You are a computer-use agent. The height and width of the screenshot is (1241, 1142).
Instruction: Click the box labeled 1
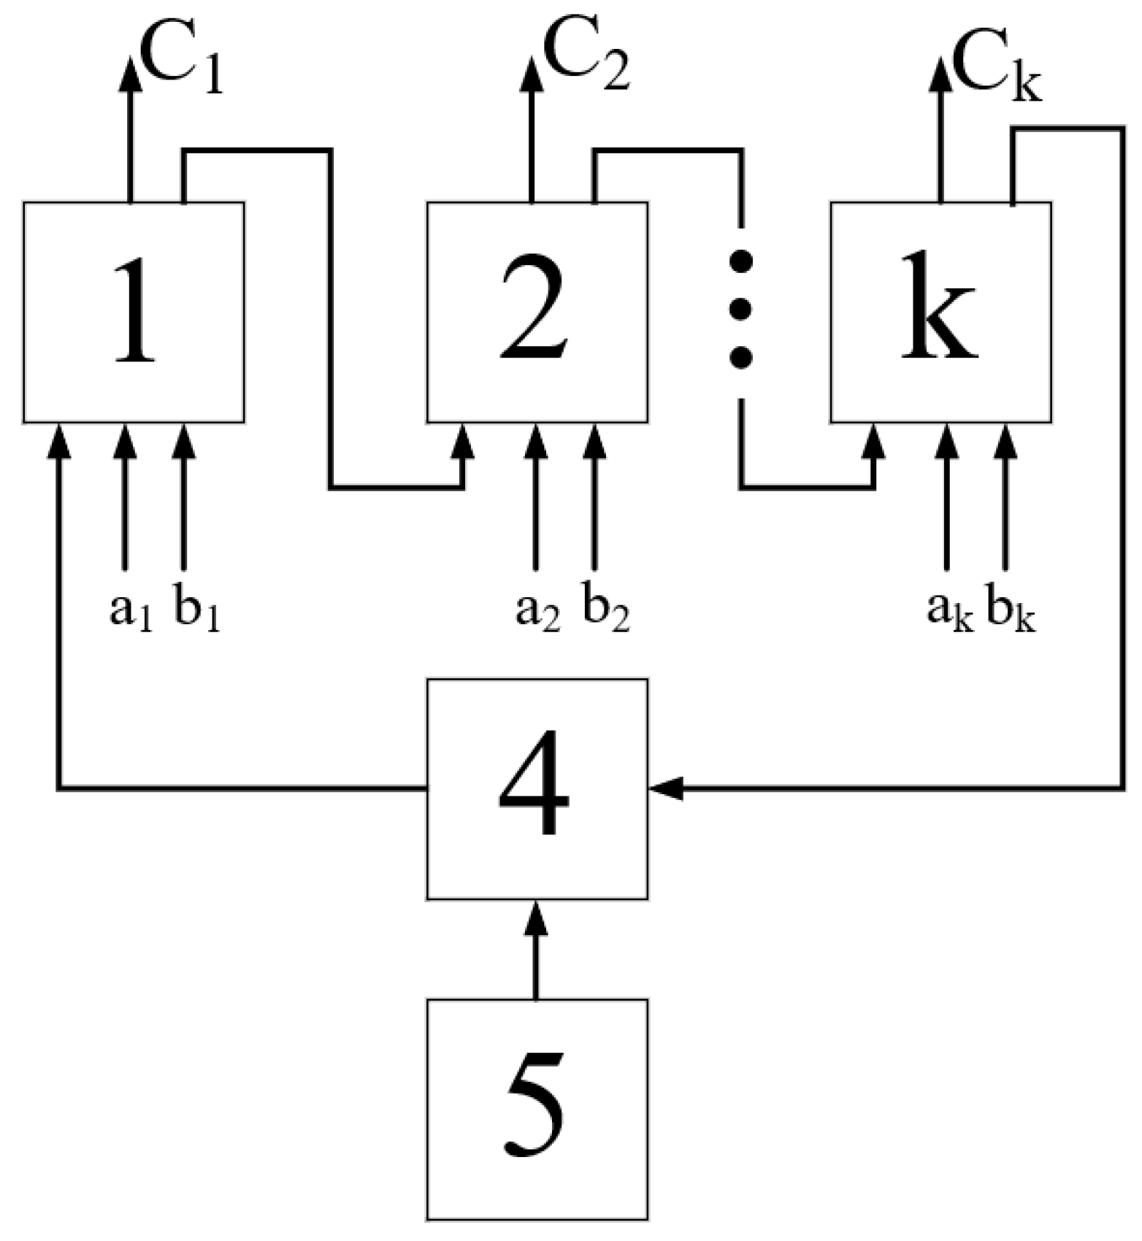[134, 312]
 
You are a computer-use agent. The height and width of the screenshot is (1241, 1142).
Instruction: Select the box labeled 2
[537, 312]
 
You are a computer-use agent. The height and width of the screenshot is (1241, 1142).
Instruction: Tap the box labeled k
[940, 312]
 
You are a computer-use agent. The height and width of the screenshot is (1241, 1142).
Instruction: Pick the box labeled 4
[537, 788]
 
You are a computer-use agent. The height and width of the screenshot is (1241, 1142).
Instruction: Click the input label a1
[130, 610]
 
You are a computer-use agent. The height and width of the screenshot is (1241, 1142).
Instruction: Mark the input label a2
[537, 610]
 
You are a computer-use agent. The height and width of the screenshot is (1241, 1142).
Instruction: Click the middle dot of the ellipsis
[741, 310]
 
